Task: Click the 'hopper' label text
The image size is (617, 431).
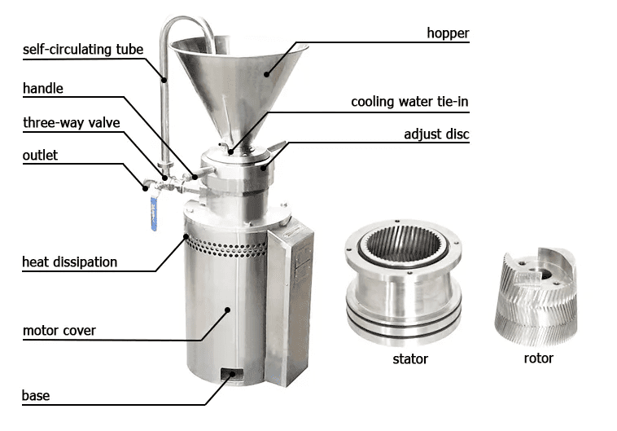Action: [448, 33]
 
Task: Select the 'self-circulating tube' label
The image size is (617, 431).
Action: [83, 50]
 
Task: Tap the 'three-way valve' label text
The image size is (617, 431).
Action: [71, 123]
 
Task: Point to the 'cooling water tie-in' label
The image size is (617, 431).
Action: [409, 102]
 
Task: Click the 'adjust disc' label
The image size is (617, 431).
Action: [436, 134]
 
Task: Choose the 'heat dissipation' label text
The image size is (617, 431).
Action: [70, 262]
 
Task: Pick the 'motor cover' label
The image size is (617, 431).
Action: [59, 331]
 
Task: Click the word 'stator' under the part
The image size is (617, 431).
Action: [410, 359]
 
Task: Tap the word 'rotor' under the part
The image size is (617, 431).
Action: [538, 358]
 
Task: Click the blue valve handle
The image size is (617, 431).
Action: [154, 214]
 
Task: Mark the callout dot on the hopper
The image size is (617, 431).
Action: [267, 74]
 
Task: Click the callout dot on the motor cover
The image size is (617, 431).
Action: [227, 310]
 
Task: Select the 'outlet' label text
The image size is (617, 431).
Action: [40, 156]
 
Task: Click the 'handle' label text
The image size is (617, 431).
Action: [43, 88]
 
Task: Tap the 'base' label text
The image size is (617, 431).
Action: [36, 395]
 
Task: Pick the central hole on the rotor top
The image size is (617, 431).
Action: [546, 275]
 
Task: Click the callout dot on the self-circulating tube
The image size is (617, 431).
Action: [164, 80]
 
